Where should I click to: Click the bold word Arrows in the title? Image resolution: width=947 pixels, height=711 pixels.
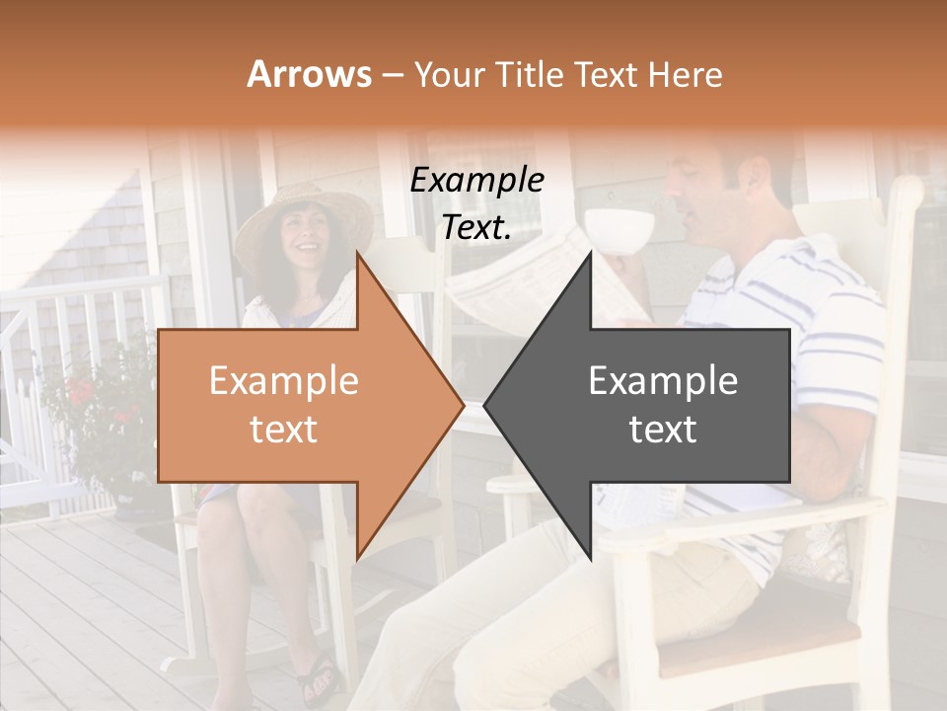click(x=309, y=74)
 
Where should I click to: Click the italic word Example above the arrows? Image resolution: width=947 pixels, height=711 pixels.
click(x=476, y=182)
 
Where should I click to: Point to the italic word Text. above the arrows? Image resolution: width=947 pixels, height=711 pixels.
click(x=476, y=228)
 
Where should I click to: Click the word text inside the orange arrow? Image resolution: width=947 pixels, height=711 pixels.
click(x=283, y=430)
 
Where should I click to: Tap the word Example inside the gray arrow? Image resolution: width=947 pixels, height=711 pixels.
click(x=663, y=381)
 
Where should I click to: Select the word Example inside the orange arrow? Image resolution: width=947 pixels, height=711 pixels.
click(x=283, y=381)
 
